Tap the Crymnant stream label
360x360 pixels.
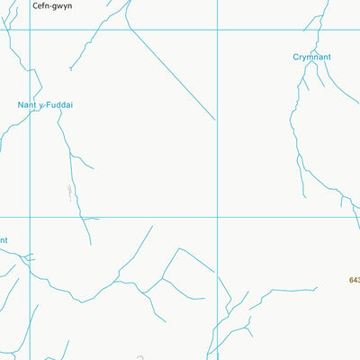tap(311, 57)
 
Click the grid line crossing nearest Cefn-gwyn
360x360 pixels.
tap(31, 30)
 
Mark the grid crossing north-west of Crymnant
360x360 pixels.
tap(216, 30)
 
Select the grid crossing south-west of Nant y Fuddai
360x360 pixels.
tap(31, 217)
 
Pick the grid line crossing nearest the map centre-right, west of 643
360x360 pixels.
tap(216, 217)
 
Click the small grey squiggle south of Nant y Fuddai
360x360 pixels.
tap(68, 191)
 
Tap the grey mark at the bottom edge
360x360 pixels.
tap(139, 357)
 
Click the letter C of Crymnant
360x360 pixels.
tap(296, 57)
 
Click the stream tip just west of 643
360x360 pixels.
tap(317, 289)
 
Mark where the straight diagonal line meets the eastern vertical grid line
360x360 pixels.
tap(216, 120)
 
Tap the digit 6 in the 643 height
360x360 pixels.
tap(349, 280)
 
